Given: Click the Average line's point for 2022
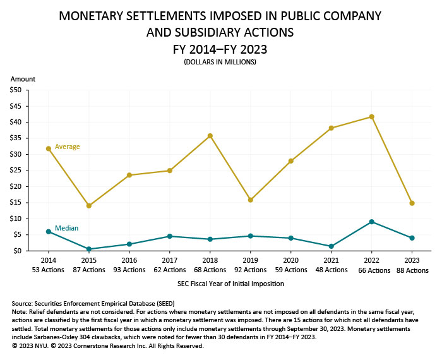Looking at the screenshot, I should [372, 117].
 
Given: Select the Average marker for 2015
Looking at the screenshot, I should [89, 206].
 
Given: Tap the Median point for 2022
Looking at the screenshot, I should [372, 222].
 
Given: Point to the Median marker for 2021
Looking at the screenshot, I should [331, 246].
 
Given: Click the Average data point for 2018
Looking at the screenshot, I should [210, 136].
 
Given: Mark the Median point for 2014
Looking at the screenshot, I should [48, 232].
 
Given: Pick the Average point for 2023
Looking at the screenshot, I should [412, 203].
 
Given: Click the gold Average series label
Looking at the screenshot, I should [67, 147].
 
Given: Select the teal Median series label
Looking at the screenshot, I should [66, 228].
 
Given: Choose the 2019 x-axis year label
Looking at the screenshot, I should [251, 260].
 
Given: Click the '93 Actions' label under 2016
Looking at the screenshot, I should [129, 270].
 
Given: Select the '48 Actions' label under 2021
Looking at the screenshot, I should [331, 270].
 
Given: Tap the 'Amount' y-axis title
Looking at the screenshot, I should [23, 79].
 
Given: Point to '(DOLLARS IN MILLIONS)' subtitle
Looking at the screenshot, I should [221, 62].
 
